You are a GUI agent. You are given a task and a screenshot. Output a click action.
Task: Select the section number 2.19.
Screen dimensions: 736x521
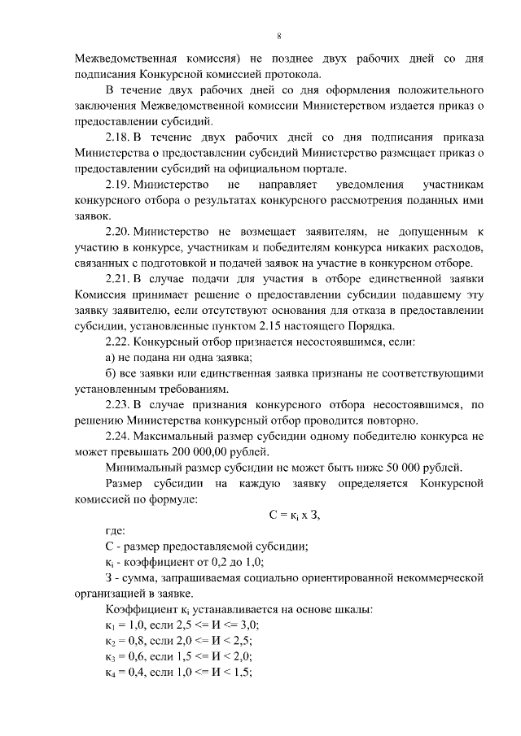[119, 186]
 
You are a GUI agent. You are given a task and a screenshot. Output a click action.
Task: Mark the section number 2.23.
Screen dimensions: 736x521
[119, 404]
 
